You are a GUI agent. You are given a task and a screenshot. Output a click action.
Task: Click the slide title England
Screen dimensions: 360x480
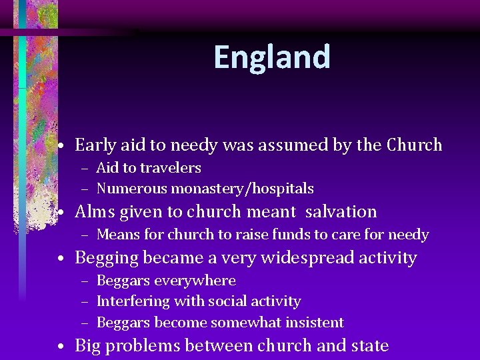coord(272,57)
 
